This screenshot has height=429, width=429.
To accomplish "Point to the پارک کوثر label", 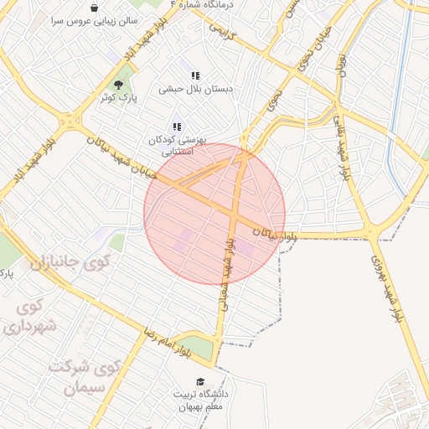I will tap(117, 97).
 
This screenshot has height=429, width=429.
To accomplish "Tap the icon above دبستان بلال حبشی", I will tap(195, 75).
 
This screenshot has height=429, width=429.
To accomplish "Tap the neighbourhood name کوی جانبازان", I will tap(70, 261).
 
